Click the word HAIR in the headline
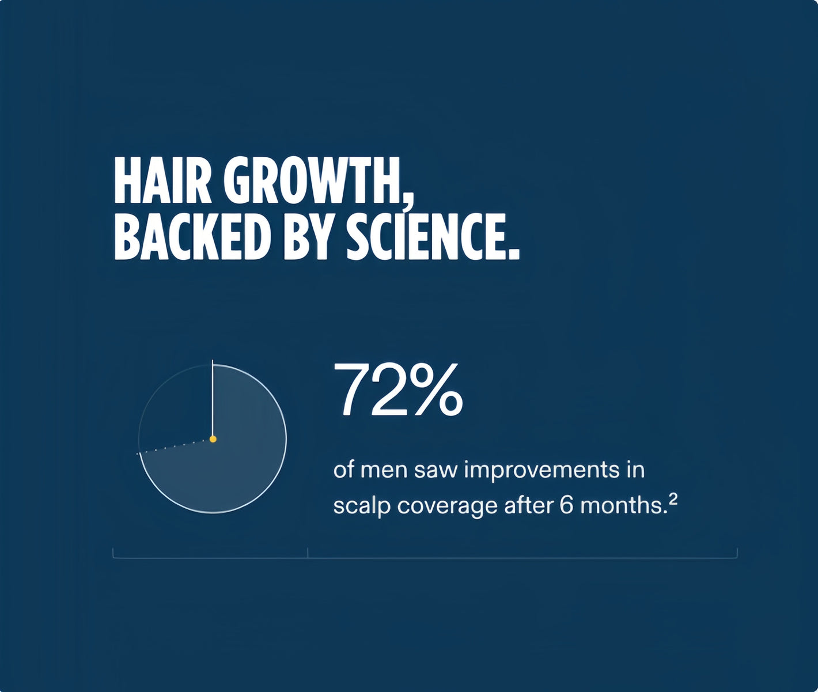click(x=162, y=180)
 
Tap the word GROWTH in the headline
click(x=313, y=180)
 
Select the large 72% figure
click(x=398, y=389)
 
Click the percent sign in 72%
click(x=434, y=389)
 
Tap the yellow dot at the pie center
click(x=213, y=439)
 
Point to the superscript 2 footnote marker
click(x=673, y=498)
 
